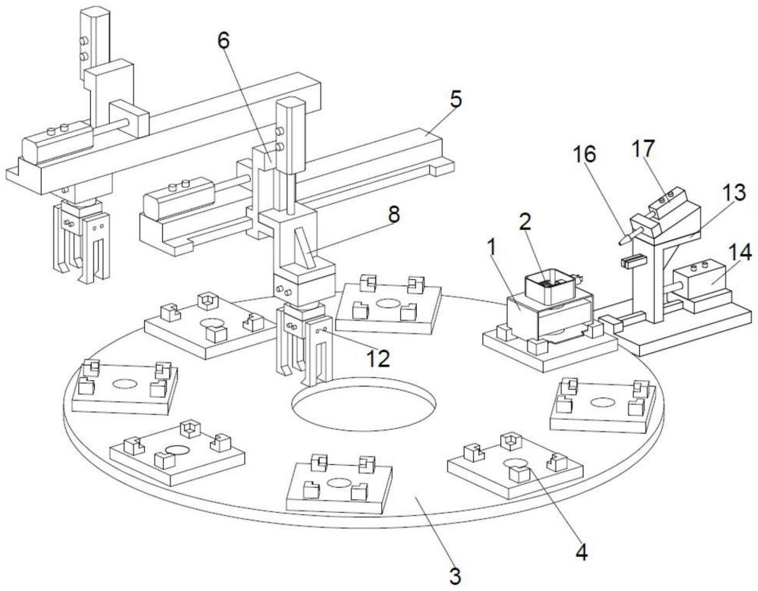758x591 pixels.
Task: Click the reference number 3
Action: [x=455, y=576]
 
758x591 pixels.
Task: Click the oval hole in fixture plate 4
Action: [x=516, y=464]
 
